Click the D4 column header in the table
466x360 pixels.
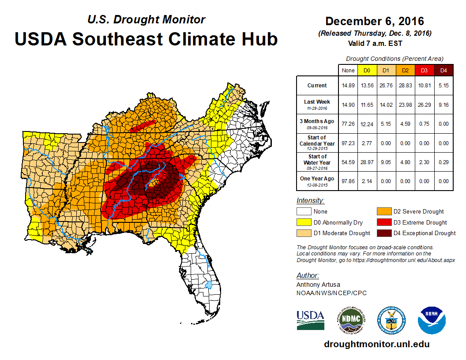(443, 70)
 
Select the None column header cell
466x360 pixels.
(348, 70)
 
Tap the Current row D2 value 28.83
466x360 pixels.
(406, 86)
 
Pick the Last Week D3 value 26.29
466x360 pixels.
(425, 105)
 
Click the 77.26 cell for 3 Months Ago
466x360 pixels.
(348, 124)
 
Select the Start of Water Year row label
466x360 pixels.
(317, 162)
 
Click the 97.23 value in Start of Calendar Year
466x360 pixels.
(348, 143)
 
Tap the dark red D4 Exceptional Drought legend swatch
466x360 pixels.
(383, 233)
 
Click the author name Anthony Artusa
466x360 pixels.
(318, 285)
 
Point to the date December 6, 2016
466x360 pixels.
(375, 21)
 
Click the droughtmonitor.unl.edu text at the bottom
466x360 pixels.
(376, 344)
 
